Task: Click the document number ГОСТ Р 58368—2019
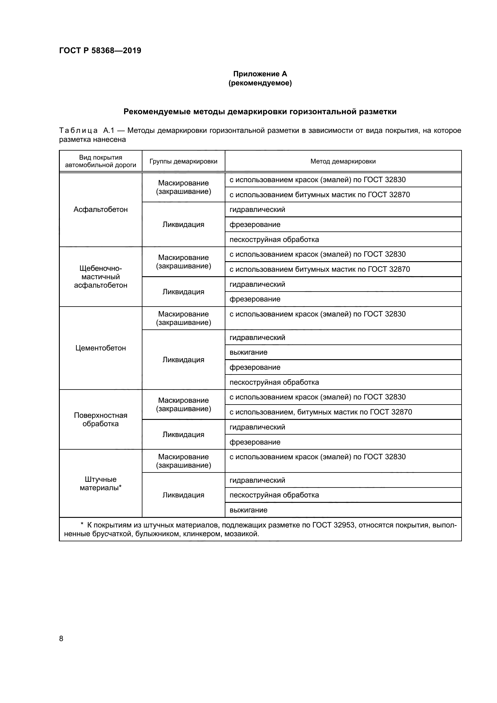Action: click(100, 50)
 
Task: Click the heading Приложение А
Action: click(260, 74)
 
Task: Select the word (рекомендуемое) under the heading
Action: click(260, 83)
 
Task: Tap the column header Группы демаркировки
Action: click(183, 161)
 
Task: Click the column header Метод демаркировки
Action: click(343, 161)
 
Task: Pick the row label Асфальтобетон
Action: click(100, 209)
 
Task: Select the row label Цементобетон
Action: click(100, 348)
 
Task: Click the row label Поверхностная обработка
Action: click(100, 420)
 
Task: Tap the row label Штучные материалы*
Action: click(100, 484)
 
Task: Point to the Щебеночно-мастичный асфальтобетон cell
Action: click(100, 277)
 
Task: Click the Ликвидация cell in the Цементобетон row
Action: click(183, 360)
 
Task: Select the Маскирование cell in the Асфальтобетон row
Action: click(183, 187)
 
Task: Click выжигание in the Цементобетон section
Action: click(248, 353)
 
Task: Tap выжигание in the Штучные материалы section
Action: click(248, 510)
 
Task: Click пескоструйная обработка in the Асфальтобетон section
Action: click(274, 240)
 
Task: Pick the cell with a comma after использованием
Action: click(320, 412)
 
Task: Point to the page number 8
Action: click(61, 639)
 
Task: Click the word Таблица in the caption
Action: click(78, 131)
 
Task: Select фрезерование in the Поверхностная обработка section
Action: click(255, 442)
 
